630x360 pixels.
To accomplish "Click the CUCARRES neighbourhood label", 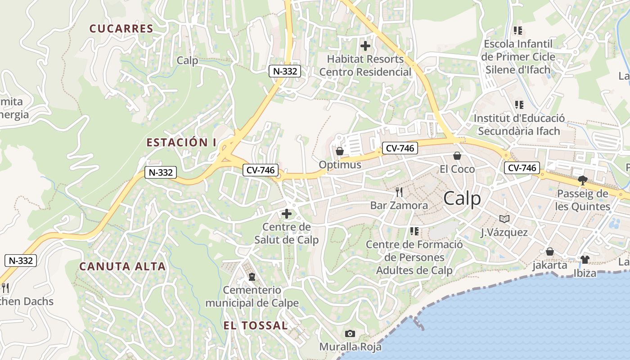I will pyautogui.click(x=121, y=29).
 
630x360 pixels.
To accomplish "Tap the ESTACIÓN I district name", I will pyautogui.click(x=181, y=143).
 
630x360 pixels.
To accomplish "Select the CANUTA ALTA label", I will pyautogui.click(x=122, y=266).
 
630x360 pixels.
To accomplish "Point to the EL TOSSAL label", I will pyautogui.click(x=256, y=325).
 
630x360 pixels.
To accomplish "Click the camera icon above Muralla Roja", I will pyautogui.click(x=350, y=333).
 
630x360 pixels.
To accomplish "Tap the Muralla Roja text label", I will pyautogui.click(x=350, y=346).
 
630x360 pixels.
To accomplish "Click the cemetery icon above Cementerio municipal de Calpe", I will pyautogui.click(x=252, y=276).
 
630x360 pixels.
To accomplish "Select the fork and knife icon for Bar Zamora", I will pyautogui.click(x=399, y=193).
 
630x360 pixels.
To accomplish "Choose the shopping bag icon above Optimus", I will pyautogui.click(x=340, y=151).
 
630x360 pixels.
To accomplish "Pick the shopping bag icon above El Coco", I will pyautogui.click(x=457, y=156).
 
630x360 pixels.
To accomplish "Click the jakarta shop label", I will pyautogui.click(x=550, y=265).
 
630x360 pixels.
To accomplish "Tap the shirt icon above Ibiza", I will pyautogui.click(x=585, y=260).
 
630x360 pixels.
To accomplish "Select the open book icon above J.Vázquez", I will pyautogui.click(x=504, y=219).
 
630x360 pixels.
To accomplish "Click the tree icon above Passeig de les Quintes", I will pyautogui.click(x=583, y=180).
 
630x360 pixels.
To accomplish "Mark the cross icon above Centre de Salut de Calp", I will pyautogui.click(x=286, y=213).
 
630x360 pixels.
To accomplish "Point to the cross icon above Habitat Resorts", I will pyautogui.click(x=365, y=45).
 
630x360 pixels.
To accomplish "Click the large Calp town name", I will pyautogui.click(x=462, y=198).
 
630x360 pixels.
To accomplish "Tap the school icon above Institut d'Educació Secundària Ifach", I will pyautogui.click(x=519, y=105).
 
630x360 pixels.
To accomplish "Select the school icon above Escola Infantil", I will pyautogui.click(x=518, y=31).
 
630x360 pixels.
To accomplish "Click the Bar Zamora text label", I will pyautogui.click(x=399, y=206).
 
